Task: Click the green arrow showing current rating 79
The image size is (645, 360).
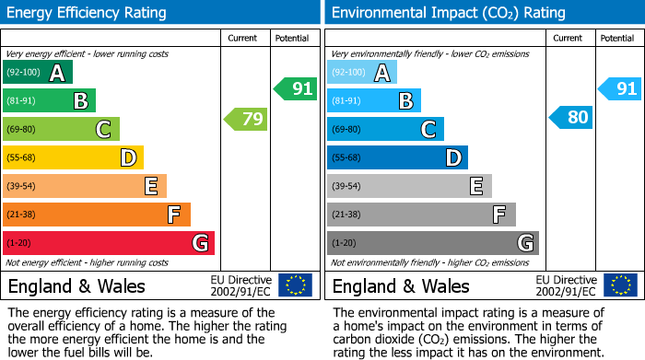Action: tap(245, 119)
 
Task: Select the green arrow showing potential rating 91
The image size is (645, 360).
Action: tap(295, 89)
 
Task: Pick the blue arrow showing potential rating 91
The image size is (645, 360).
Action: tap(619, 89)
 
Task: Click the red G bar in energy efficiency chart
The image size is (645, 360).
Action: tap(109, 243)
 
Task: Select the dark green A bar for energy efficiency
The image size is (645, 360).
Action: tap(38, 73)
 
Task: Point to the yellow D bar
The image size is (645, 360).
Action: tap(73, 157)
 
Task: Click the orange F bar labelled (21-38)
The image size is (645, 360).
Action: tap(97, 215)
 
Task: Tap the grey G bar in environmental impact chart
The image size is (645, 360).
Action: tap(432, 243)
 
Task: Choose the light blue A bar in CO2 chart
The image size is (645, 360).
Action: tap(362, 73)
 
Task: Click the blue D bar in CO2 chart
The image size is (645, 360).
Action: tap(397, 157)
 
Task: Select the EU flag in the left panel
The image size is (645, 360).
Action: tap(295, 285)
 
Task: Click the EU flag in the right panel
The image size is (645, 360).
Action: tap(619, 285)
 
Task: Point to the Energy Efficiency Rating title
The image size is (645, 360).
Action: tap(88, 13)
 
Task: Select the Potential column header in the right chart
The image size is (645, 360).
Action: tap(617, 38)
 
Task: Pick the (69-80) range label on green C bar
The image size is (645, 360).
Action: tap(19, 130)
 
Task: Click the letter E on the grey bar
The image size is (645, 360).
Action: tap(475, 186)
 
